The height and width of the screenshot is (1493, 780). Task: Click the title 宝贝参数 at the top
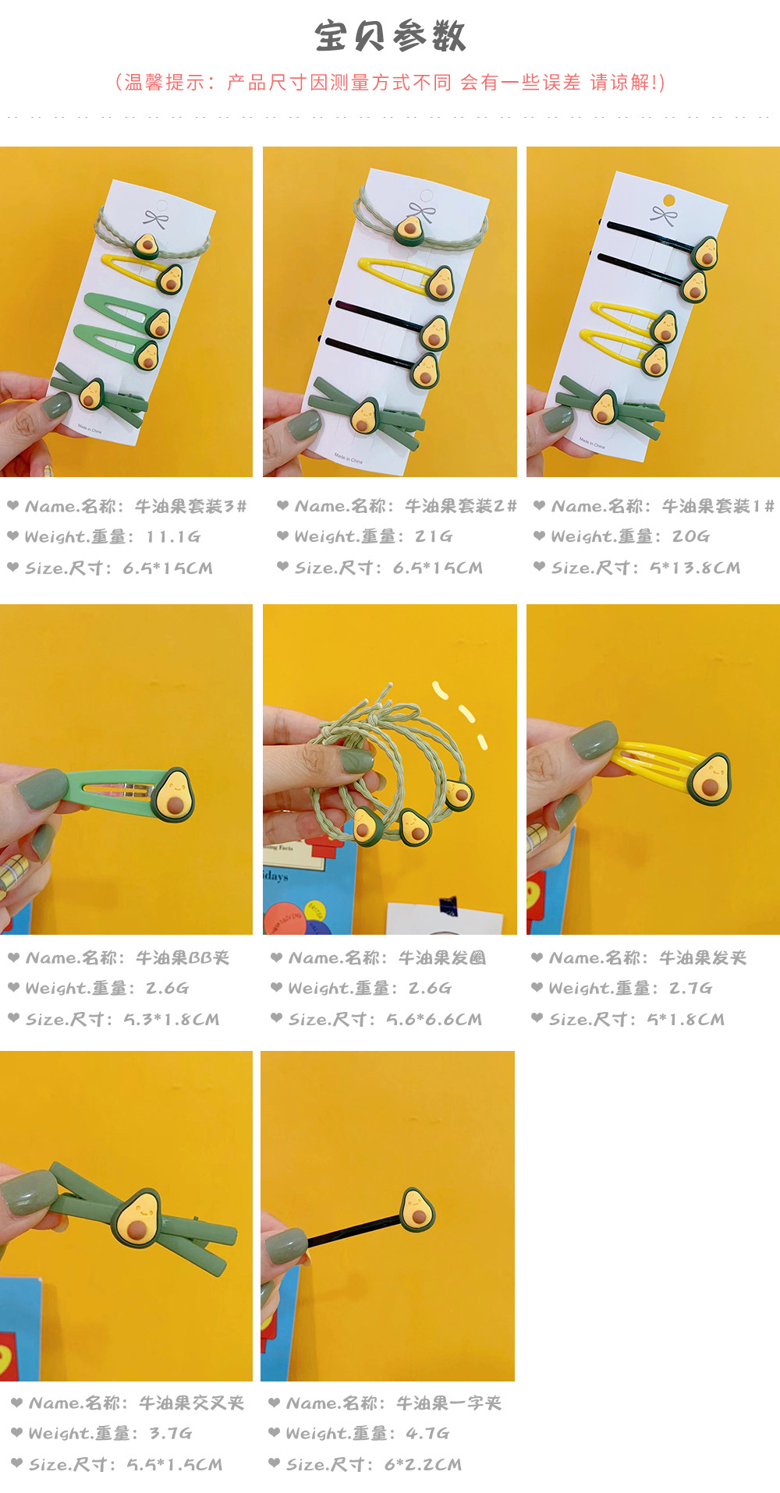pos(390,37)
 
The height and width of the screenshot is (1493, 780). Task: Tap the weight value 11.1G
pos(173,536)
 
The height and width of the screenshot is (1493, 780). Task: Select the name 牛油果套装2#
pos(460,506)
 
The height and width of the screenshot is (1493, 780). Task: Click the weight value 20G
pos(690,536)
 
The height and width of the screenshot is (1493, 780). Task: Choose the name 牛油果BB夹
pos(183,957)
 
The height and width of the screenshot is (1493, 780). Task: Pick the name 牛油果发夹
pos(703,957)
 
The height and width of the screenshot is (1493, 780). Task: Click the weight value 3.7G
pos(170,1433)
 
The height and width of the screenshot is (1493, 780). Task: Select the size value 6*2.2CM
pos(423,1464)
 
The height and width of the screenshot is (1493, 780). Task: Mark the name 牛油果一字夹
pos(448,1403)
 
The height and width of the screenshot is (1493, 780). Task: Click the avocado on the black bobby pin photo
pos(417,1210)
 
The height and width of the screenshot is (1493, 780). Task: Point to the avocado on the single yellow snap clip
pos(709,778)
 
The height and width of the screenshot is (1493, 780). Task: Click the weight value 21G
pos(434,536)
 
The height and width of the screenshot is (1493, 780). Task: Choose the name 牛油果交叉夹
pos(191,1403)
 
